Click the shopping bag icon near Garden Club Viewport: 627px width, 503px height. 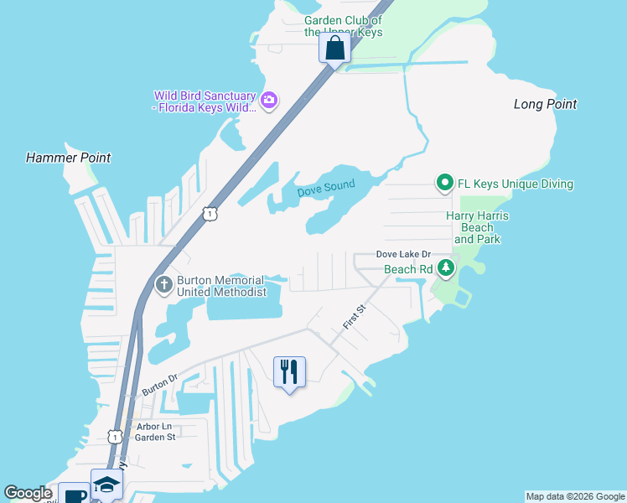(334, 48)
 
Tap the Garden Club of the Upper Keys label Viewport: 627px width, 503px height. (343, 26)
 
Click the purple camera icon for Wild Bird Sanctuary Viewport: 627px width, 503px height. (269, 101)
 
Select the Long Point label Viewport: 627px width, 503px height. (545, 104)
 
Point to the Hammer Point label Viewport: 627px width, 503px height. (68, 158)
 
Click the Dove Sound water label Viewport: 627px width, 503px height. (325, 188)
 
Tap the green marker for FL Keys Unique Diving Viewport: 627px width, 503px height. (443, 183)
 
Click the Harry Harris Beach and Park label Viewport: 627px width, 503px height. (476, 227)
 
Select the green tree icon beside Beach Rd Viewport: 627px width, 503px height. (447, 268)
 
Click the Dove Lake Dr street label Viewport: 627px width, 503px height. (402, 254)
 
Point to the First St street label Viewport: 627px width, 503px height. (355, 317)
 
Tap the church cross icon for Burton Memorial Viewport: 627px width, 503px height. (163, 285)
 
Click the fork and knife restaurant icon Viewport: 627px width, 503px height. (289, 371)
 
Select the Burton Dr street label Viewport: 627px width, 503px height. (160, 385)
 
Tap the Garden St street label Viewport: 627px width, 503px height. (155, 437)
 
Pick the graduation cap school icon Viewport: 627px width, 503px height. (106, 485)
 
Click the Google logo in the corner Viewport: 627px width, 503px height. (28, 494)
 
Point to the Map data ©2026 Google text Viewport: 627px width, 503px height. (574, 496)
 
